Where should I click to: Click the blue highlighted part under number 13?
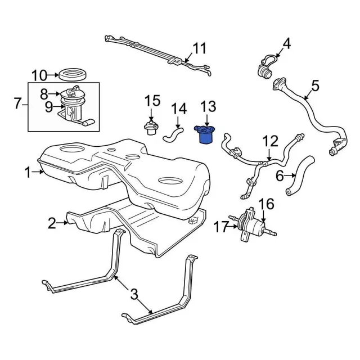[204, 134]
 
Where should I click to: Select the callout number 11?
[199, 48]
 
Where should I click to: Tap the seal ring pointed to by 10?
[73, 74]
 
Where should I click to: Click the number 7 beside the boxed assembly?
[18, 103]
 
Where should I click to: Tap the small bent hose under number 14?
[173, 134]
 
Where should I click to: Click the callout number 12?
[270, 141]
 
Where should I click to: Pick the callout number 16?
[266, 204]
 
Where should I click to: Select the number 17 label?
[221, 227]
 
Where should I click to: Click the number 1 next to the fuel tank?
[28, 172]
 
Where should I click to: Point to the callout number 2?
[52, 223]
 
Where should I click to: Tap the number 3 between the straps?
[134, 294]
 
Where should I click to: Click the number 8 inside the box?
[44, 94]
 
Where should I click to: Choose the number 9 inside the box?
[49, 107]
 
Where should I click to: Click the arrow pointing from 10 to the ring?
[53, 75]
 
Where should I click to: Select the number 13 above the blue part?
[208, 106]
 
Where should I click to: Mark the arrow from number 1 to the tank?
[38, 172]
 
